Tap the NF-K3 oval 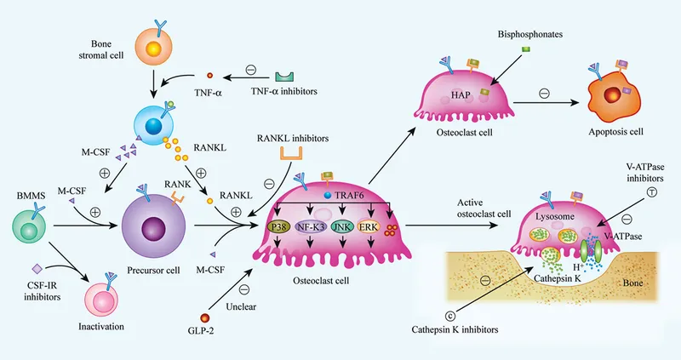[x=312, y=227]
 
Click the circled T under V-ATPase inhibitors [x=652, y=192]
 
